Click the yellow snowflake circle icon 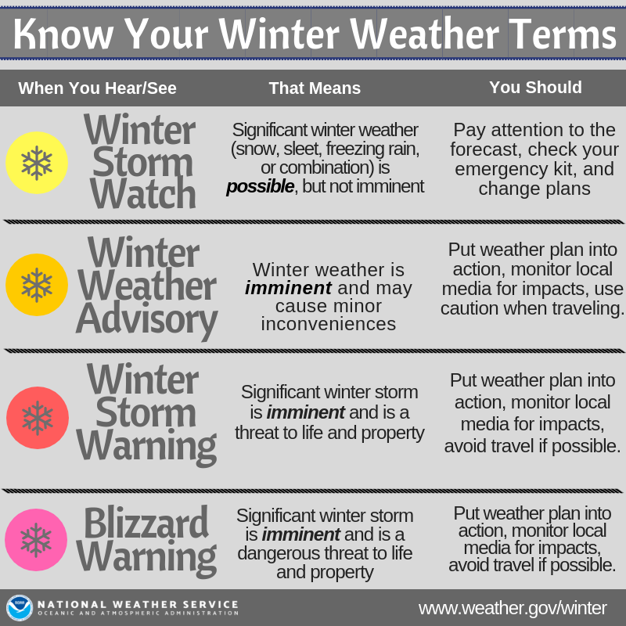(37, 163)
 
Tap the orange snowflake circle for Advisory (37, 285)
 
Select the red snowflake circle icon (38, 418)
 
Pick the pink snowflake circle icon (36, 540)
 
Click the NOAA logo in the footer (19, 608)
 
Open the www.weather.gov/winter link (513, 609)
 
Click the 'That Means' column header (315, 88)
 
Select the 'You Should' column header (535, 88)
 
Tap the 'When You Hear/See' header (97, 88)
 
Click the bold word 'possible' (261, 187)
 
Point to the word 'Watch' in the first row (143, 193)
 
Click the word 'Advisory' (147, 319)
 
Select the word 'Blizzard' (146, 523)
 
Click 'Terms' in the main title (563, 34)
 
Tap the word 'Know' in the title (63, 34)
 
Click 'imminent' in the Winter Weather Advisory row (288, 288)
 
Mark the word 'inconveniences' (329, 324)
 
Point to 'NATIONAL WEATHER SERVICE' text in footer (138, 604)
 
